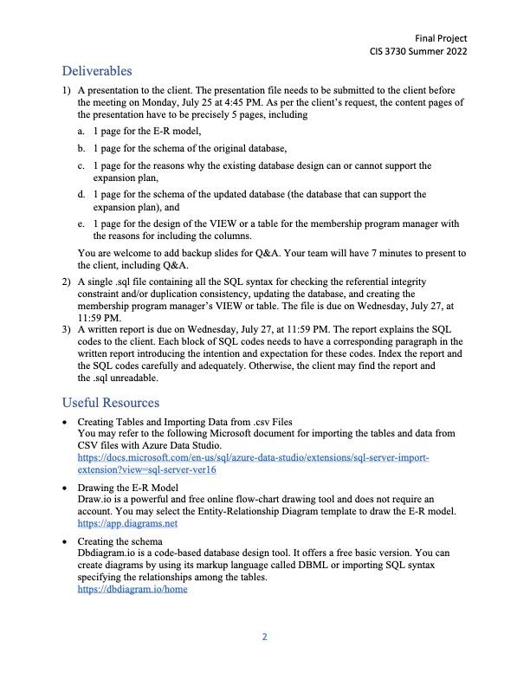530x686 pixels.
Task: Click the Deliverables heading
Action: click(x=96, y=71)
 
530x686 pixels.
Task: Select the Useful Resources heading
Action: click(x=110, y=403)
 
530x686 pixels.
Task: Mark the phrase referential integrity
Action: click(x=387, y=282)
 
